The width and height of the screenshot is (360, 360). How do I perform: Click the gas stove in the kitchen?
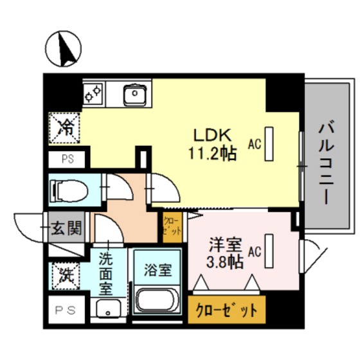(94, 94)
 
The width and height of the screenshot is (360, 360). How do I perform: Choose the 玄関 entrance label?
(66, 228)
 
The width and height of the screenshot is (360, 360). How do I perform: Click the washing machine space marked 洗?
(66, 277)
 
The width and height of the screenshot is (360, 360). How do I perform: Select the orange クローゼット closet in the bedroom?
(226, 309)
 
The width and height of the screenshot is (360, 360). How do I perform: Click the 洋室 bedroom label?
(226, 244)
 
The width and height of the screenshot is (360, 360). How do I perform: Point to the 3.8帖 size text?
(225, 262)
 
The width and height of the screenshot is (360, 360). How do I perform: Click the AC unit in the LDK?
(268, 145)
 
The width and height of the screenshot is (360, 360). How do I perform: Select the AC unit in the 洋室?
(268, 251)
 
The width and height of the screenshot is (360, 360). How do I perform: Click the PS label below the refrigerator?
(67, 159)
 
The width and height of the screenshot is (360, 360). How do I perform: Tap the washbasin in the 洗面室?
(109, 309)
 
